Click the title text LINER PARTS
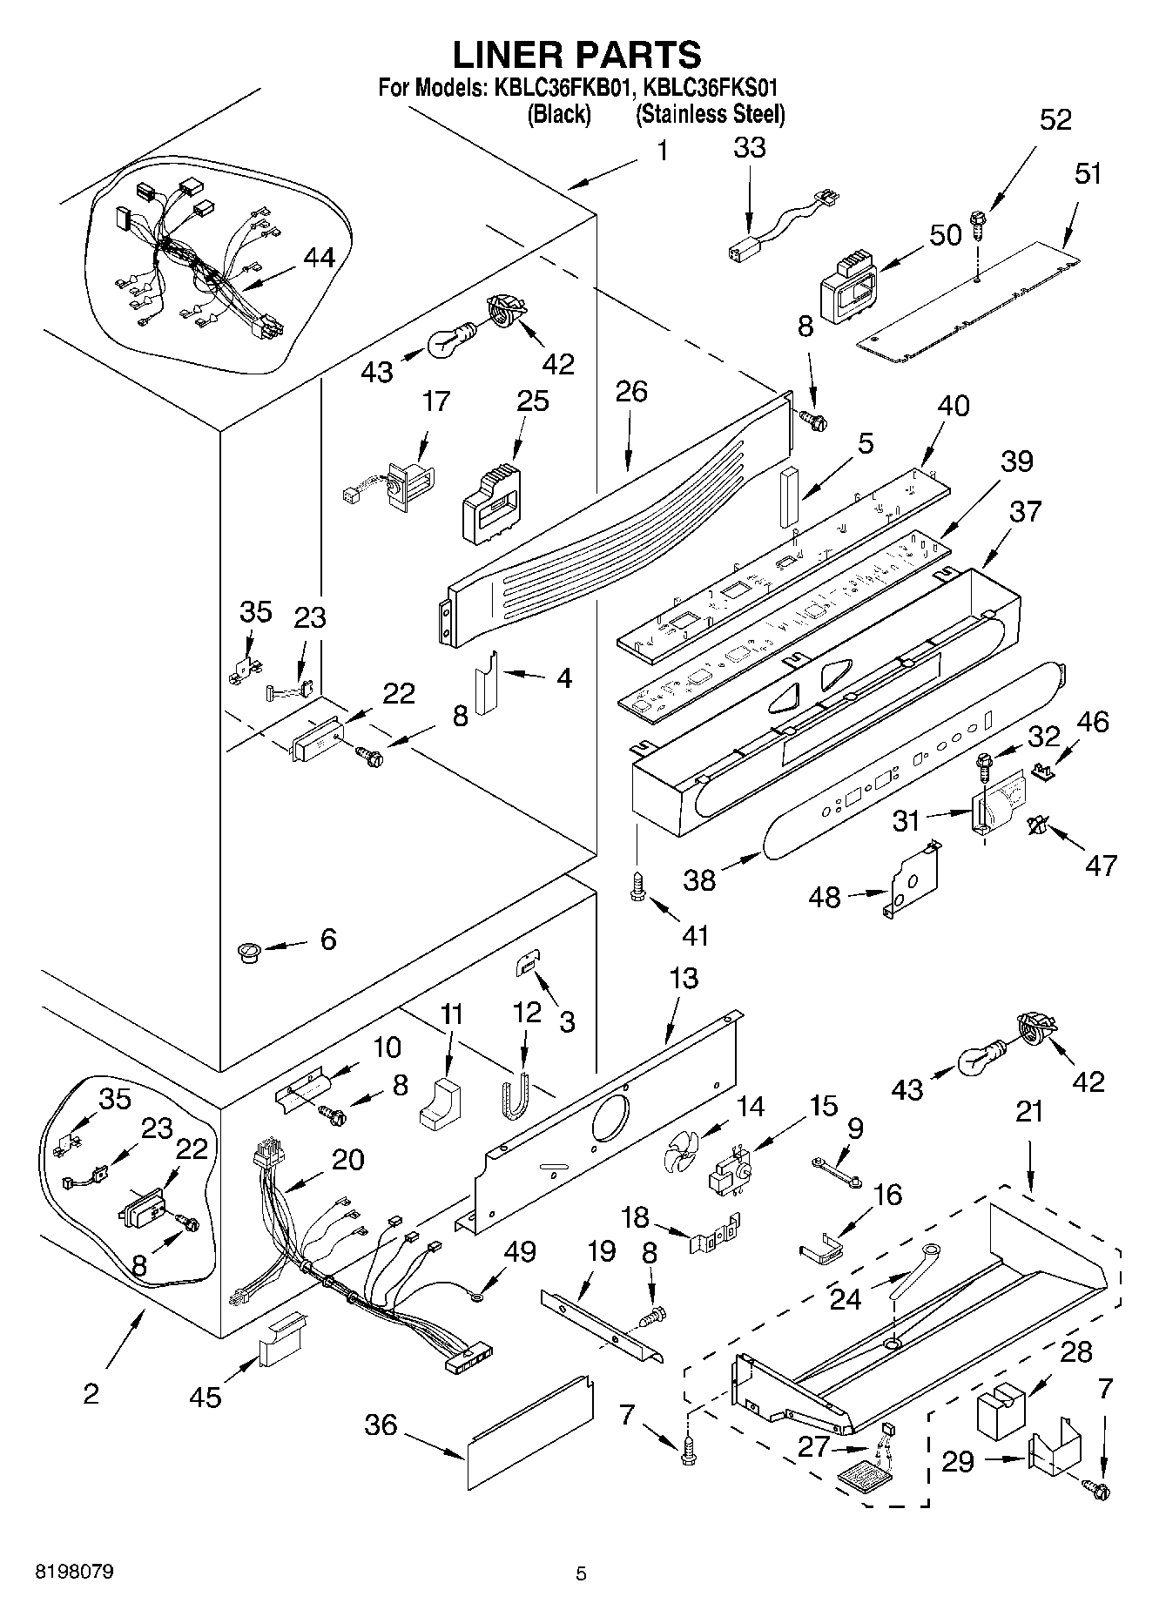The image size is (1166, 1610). tap(576, 55)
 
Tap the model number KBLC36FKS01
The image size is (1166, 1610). tap(707, 88)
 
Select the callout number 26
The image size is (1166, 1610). tap(631, 393)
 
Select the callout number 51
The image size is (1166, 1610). tap(1088, 174)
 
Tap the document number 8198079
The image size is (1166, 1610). tap(74, 1572)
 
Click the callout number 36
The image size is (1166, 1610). tap(381, 1425)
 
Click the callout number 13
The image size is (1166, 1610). tap(684, 978)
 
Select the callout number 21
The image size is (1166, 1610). tap(1028, 1112)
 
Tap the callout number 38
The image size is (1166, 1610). tap(699, 879)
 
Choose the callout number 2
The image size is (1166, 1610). tap(91, 1393)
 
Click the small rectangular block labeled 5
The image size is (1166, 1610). tap(788, 497)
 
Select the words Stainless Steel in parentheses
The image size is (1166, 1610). tap(710, 114)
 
